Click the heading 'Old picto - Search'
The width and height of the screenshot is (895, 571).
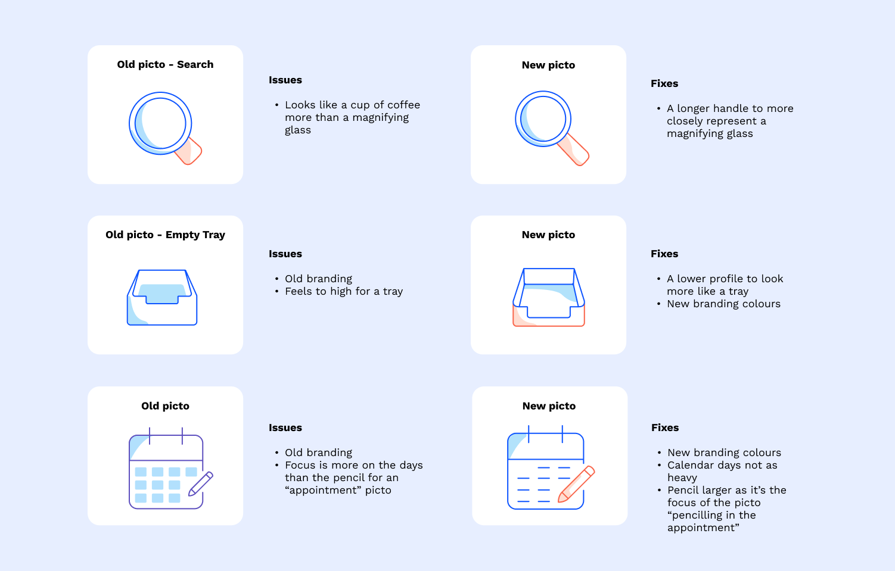pos(165,64)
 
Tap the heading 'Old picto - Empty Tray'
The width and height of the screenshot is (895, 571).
pos(165,235)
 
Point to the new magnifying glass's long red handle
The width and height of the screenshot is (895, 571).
pos(574,150)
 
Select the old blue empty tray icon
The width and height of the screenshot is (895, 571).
pos(162,298)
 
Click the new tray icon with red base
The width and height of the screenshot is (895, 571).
pos(549,298)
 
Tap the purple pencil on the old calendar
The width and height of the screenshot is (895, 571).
pos(201,484)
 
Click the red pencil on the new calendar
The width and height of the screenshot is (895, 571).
pos(576,484)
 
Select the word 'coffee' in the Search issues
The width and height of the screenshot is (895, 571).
pos(404,105)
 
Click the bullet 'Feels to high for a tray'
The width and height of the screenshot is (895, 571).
pos(344,291)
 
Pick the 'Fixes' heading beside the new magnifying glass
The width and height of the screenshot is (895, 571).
pos(664,83)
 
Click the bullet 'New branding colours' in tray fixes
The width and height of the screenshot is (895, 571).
pos(723,304)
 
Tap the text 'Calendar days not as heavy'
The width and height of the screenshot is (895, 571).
pos(722,465)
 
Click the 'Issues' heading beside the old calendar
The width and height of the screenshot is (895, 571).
pos(285,428)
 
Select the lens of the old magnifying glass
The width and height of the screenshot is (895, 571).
pos(160,123)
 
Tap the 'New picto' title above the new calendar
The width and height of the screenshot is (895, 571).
pos(549,406)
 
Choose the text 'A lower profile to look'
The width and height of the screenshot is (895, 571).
pos(725,279)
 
